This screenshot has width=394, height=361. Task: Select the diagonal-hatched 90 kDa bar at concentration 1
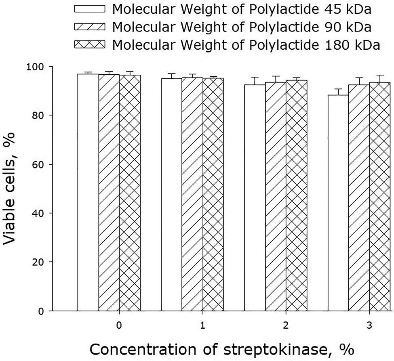click(x=192, y=194)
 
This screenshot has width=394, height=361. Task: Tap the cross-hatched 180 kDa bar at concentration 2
click(x=296, y=195)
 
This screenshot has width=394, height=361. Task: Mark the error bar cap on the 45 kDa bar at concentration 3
click(x=338, y=89)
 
